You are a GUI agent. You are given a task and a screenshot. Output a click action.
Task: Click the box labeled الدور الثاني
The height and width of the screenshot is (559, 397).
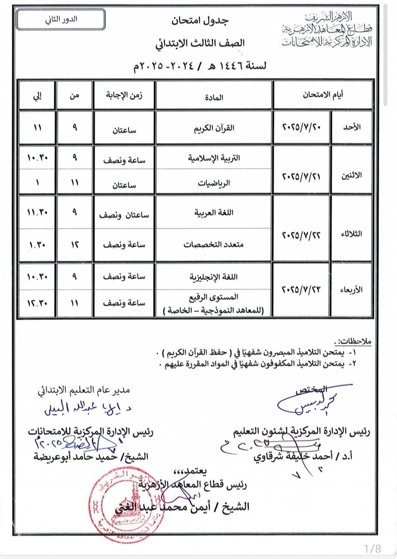pyautogui.click(x=61, y=20)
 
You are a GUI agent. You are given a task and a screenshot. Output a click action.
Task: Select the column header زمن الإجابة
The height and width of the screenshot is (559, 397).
pyautogui.click(x=124, y=95)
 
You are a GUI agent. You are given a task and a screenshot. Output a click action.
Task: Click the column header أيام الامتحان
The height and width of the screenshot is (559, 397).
pyautogui.click(x=323, y=95)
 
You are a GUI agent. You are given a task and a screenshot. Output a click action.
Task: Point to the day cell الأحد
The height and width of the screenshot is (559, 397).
pyautogui.click(x=351, y=127)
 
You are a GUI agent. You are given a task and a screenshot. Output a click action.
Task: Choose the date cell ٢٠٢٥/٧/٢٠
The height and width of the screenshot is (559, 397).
pyautogui.click(x=302, y=127)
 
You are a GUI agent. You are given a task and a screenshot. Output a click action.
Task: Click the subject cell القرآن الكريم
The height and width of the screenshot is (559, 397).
pyautogui.click(x=214, y=128)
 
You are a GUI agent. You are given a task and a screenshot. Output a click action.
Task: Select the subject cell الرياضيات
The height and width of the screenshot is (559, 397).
pyautogui.click(x=214, y=183)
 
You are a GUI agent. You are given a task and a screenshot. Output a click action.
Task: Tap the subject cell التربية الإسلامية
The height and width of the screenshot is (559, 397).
pyautogui.click(x=214, y=158)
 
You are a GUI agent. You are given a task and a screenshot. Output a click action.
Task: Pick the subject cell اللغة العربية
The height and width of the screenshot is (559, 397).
pyautogui.click(x=214, y=212)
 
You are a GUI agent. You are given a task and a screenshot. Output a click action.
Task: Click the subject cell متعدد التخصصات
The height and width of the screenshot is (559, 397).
pyautogui.click(x=214, y=244)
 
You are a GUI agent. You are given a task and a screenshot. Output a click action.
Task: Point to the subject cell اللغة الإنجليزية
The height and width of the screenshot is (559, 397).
pyautogui.click(x=214, y=277)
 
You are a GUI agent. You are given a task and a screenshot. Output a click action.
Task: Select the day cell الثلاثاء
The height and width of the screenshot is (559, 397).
pyautogui.click(x=351, y=234)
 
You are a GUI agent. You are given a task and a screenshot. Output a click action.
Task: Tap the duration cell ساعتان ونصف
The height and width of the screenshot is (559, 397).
pyautogui.click(x=124, y=214)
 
